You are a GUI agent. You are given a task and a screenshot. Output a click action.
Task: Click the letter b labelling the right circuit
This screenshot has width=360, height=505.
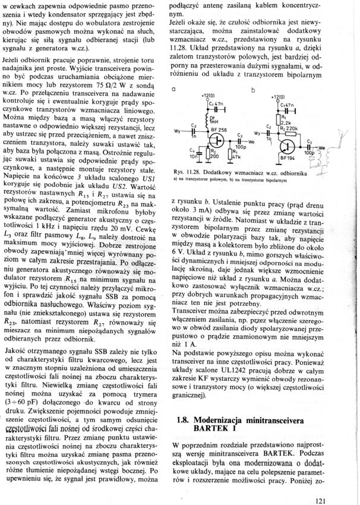click(253, 90)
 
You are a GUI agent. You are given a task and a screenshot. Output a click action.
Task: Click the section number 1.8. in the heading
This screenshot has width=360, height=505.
click(182, 418)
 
